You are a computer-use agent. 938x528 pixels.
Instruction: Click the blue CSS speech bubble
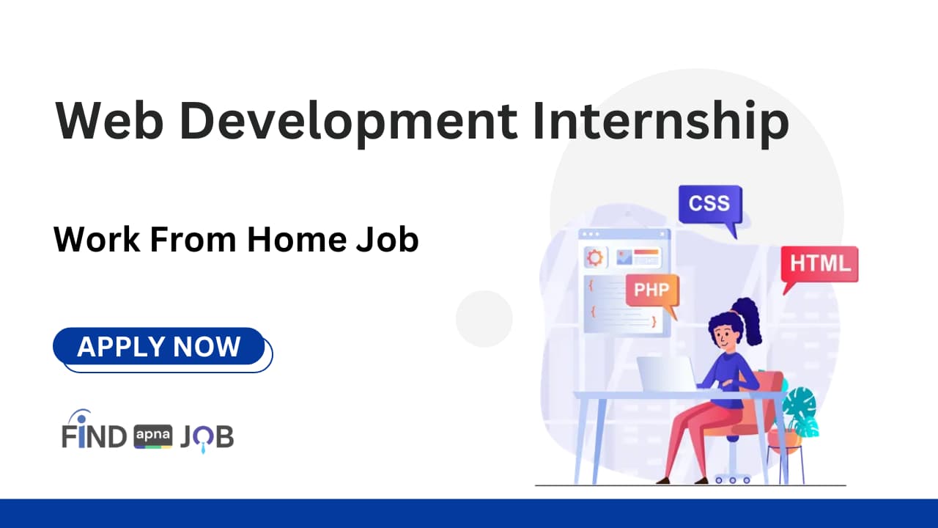pyautogui.click(x=709, y=204)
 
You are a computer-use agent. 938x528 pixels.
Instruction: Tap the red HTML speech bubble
pyautogui.click(x=819, y=264)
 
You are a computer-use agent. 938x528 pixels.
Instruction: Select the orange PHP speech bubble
pyautogui.click(x=651, y=290)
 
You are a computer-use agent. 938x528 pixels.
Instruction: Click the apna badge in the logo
pyautogui.click(x=153, y=437)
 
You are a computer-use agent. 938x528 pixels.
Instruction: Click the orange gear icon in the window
pyautogui.click(x=594, y=257)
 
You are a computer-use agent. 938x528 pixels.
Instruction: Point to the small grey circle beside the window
pyautogui.click(x=484, y=318)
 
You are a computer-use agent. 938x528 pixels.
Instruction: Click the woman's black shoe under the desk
pyautogui.click(x=664, y=480)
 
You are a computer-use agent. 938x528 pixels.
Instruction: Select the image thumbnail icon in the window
pyautogui.click(x=624, y=257)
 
